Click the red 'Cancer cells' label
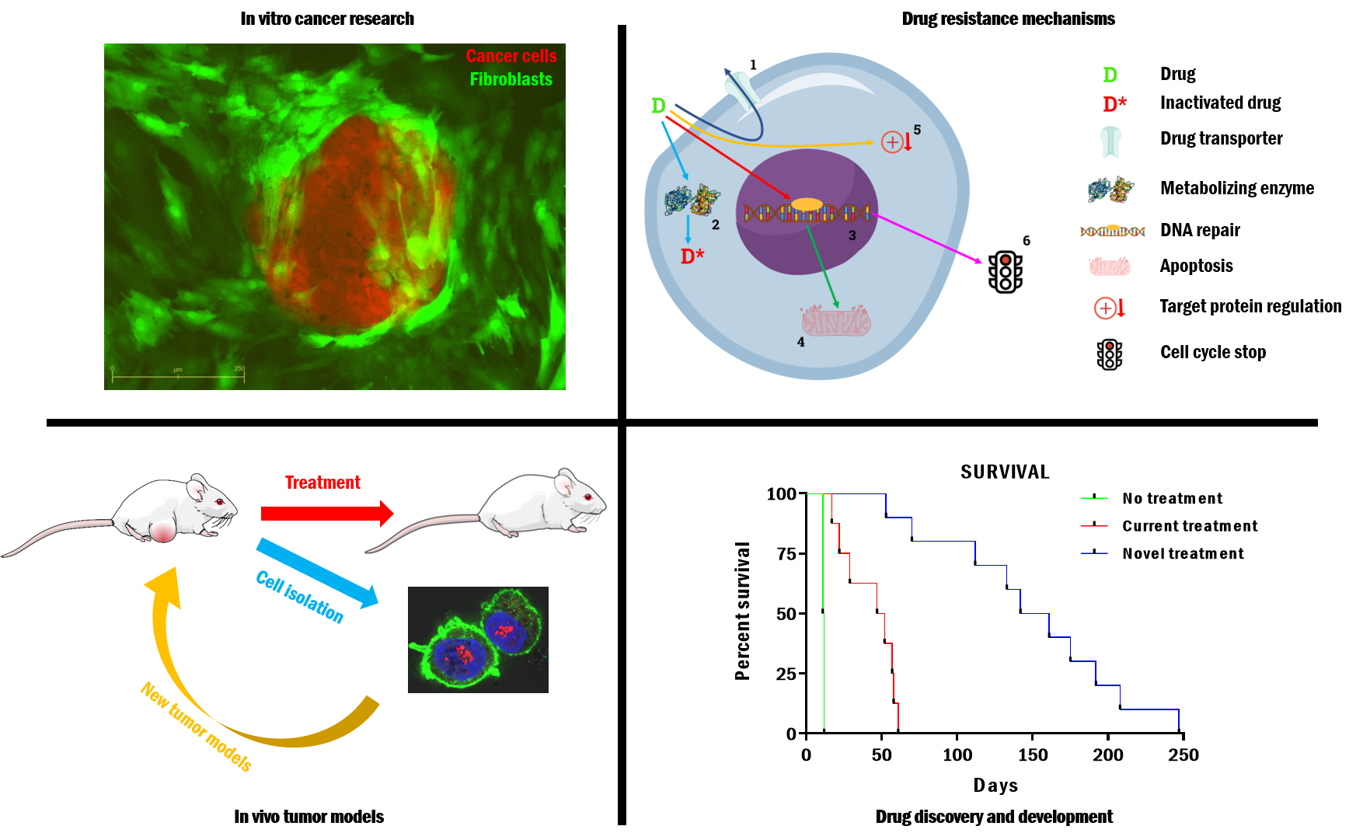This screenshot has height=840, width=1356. pyautogui.click(x=511, y=56)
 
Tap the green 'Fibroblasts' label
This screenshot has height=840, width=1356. pyautogui.click(x=511, y=79)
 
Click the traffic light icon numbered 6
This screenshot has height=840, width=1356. pyautogui.click(x=1005, y=272)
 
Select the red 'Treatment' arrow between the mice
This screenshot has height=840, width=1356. pyautogui.click(x=326, y=513)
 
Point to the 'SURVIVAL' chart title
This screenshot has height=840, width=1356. pyautogui.click(x=1005, y=472)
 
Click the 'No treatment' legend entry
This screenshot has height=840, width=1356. pyautogui.click(x=1172, y=498)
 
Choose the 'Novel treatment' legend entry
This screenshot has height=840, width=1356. pyautogui.click(x=1183, y=553)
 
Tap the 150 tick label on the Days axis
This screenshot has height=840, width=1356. pyautogui.click(x=1033, y=755)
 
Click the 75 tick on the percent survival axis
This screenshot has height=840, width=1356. pyautogui.click(x=786, y=554)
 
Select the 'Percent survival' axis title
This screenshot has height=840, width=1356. pyautogui.click(x=743, y=611)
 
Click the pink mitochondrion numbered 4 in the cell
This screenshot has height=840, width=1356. pyautogui.click(x=835, y=319)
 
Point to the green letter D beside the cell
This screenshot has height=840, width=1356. pyautogui.click(x=658, y=106)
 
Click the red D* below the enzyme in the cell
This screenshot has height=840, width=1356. pyautogui.click(x=692, y=256)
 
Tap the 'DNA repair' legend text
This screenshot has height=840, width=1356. pyautogui.click(x=1200, y=230)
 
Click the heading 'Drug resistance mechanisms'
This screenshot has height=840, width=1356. pyautogui.click(x=1008, y=19)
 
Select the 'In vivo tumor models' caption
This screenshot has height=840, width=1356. pyautogui.click(x=308, y=817)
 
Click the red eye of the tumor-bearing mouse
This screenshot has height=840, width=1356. pyautogui.click(x=220, y=501)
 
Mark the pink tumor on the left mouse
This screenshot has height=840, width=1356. pyautogui.click(x=163, y=532)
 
